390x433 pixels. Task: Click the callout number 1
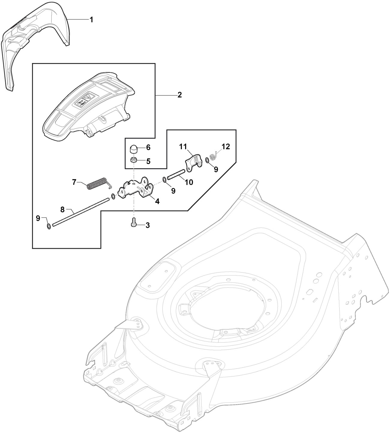[91, 20]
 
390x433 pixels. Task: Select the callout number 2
[179, 95]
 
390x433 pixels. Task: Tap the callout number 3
[148, 225]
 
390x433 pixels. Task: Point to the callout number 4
[157, 201]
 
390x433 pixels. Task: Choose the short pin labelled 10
[175, 174]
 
